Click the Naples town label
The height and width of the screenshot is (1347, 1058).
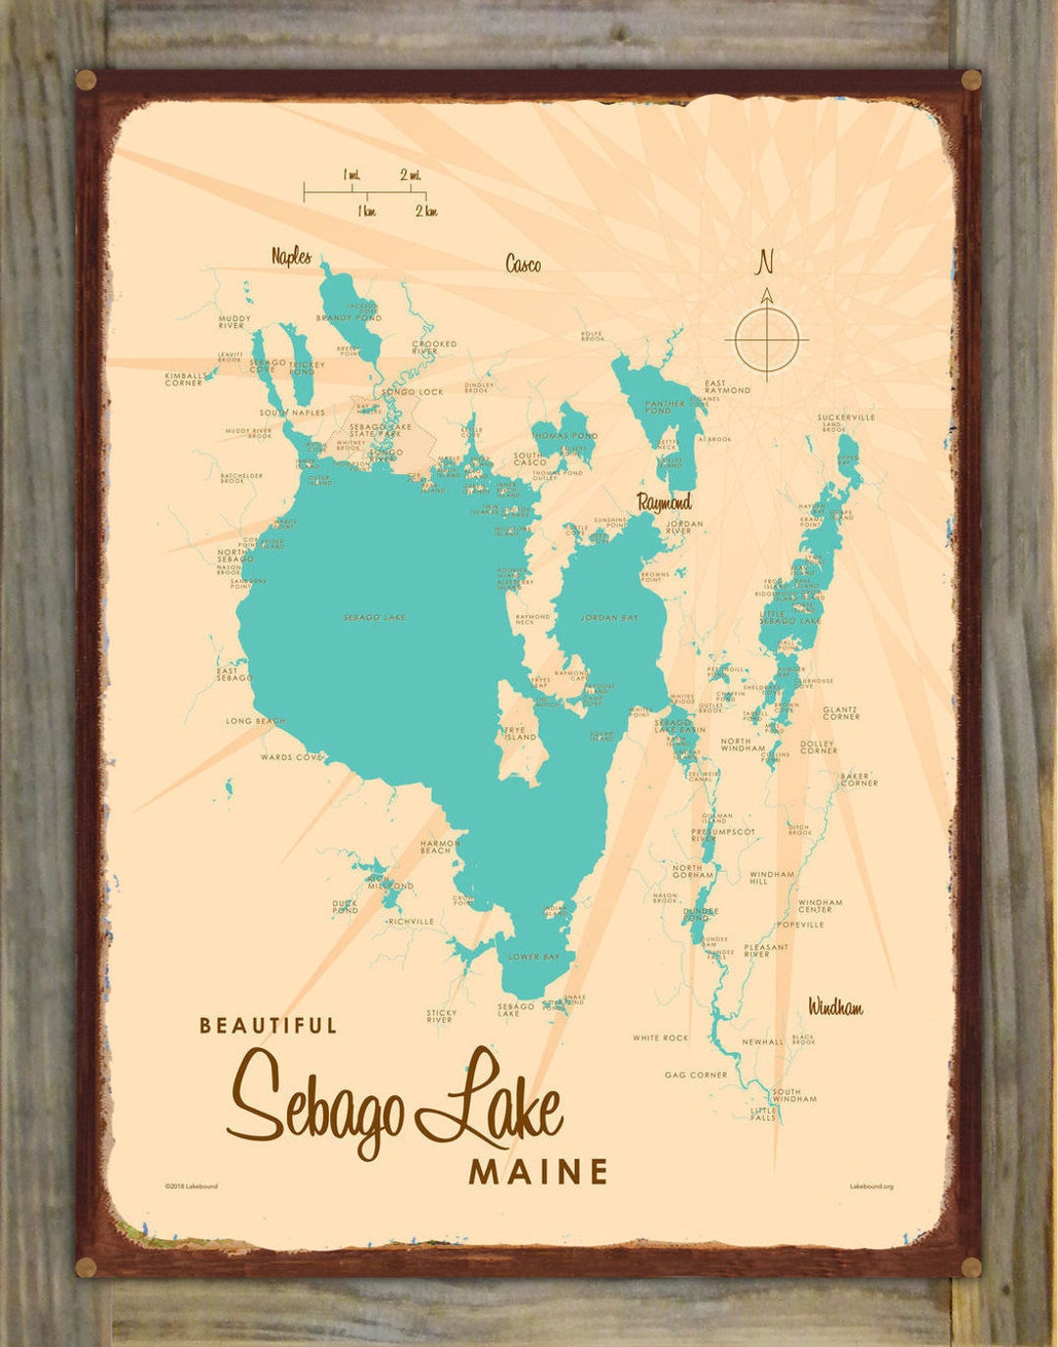click(x=291, y=257)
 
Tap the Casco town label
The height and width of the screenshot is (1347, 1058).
click(x=522, y=264)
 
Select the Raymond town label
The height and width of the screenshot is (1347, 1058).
click(x=664, y=503)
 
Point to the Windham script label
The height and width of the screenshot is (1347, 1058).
click(x=835, y=1007)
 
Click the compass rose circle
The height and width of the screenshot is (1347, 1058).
click(x=766, y=340)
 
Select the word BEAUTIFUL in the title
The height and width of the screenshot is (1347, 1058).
click(x=268, y=1026)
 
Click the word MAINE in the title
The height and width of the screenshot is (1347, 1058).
click(x=538, y=1172)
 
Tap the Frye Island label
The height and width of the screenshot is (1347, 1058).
click(x=515, y=734)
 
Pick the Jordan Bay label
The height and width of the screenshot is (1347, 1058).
click(x=609, y=618)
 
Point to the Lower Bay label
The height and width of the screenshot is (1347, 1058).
click(x=534, y=956)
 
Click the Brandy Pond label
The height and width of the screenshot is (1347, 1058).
click(x=349, y=318)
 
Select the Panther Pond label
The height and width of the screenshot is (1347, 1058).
click(x=665, y=407)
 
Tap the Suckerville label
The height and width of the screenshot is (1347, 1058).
click(x=846, y=417)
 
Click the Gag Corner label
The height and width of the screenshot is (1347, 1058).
click(x=696, y=1075)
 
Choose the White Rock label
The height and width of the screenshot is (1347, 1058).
click(x=660, y=1037)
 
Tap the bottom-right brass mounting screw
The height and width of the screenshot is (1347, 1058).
click(x=971, y=1267)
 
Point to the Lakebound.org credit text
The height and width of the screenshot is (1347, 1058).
click(x=871, y=1186)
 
